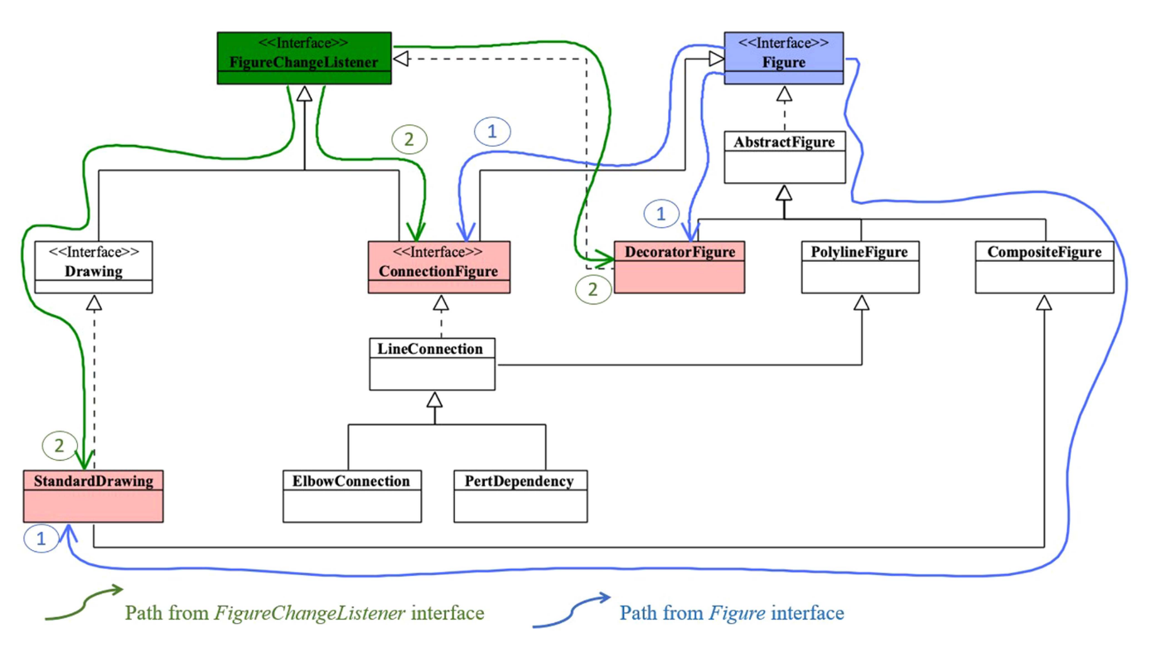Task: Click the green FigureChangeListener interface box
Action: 304,58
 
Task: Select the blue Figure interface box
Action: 783,58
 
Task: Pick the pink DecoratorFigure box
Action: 679,266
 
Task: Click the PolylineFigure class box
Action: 860,266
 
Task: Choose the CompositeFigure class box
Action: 1044,266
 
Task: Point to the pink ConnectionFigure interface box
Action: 438,267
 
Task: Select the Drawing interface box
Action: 94,267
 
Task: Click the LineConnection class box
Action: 432,363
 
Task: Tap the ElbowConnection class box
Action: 352,495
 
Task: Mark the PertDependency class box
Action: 520,495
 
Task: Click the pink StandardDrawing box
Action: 93,495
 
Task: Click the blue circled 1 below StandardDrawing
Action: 41,539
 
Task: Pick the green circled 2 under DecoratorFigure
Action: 593,288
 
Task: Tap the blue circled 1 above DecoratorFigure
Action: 661,215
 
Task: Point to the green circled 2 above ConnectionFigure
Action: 409,139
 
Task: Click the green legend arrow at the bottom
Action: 83,602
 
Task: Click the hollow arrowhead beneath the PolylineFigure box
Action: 862,302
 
